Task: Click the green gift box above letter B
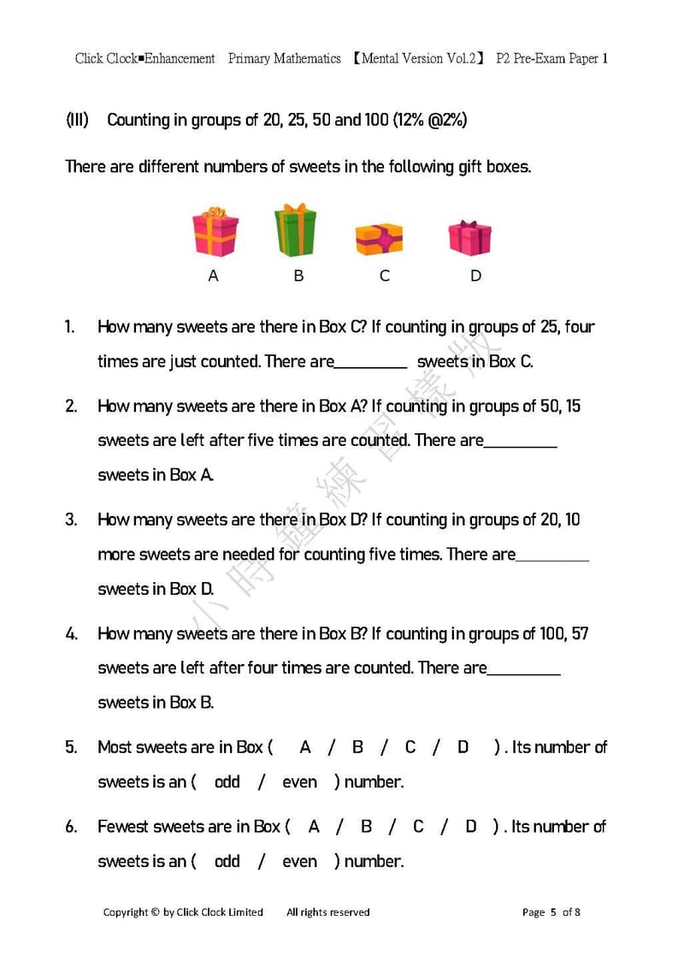click(295, 230)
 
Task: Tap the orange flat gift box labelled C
click(379, 239)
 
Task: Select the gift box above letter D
click(470, 237)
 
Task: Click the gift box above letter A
click(215, 231)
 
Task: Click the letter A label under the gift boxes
click(214, 276)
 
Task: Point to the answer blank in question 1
click(370, 362)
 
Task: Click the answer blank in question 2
click(521, 441)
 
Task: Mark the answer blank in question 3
click(552, 555)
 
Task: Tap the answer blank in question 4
click(524, 668)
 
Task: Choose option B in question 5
click(357, 747)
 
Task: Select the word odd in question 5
click(227, 782)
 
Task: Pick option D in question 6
click(471, 827)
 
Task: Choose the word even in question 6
click(299, 862)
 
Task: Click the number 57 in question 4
click(579, 634)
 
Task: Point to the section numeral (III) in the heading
click(77, 120)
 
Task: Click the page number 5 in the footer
click(553, 912)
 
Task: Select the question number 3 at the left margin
click(71, 520)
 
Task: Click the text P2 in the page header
click(505, 59)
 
